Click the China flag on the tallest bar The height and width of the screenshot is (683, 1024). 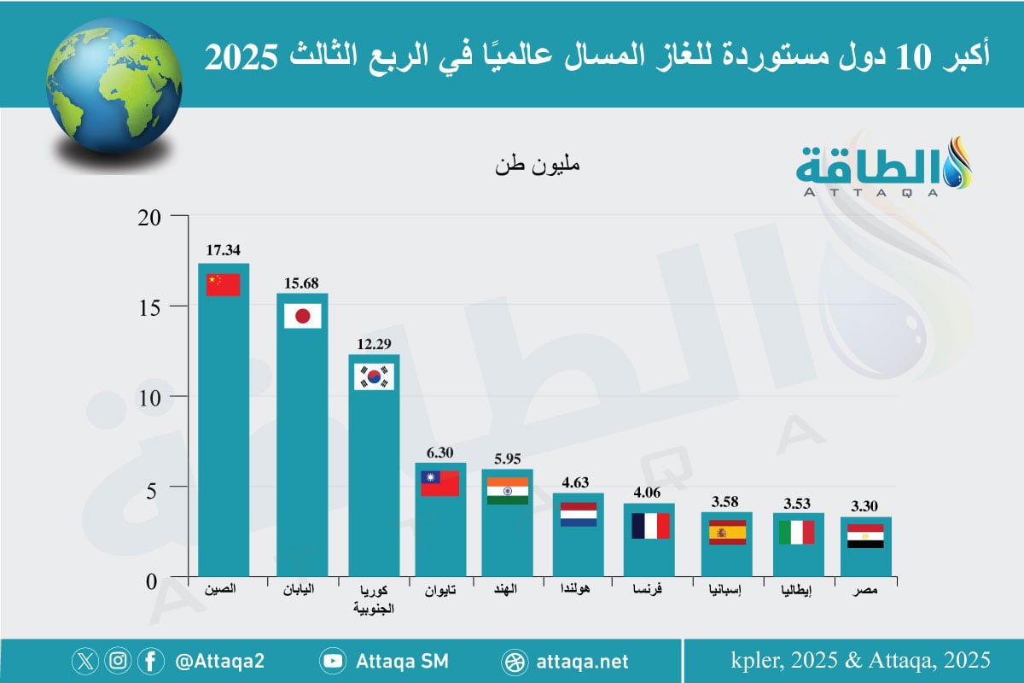[x=223, y=284]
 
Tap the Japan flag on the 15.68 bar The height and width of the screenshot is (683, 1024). [x=302, y=316]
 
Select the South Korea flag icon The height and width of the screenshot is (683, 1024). [x=374, y=377]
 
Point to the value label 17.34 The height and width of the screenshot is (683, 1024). [x=223, y=251]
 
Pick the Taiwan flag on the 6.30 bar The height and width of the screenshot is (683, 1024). [x=440, y=483]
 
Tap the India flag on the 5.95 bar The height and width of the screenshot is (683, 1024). [x=507, y=491]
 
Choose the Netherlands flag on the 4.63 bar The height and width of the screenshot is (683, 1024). [x=578, y=514]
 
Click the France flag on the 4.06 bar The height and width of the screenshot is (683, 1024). [x=649, y=525]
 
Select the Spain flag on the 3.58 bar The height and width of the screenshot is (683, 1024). [x=727, y=532]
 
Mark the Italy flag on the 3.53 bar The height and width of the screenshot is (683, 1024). [x=797, y=532]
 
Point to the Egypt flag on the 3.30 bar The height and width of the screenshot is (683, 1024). [x=865, y=536]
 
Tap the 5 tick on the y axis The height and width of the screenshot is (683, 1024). [x=154, y=487]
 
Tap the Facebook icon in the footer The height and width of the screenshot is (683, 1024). [x=150, y=661]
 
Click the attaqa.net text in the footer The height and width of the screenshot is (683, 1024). [x=583, y=661]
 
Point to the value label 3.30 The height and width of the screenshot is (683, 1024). [x=865, y=505]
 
